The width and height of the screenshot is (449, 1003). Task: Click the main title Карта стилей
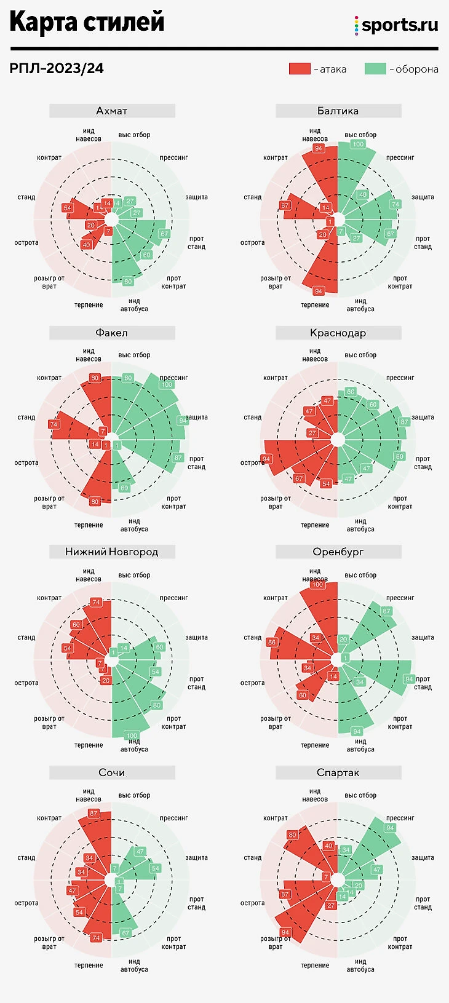87,22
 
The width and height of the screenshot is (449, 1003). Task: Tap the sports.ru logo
397,25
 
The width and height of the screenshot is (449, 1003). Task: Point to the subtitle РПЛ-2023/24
57,68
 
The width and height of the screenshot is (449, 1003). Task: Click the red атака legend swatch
300,68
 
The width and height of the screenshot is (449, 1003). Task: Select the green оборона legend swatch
375,68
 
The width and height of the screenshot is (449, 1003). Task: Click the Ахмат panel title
112,111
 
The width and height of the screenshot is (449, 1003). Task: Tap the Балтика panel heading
338,111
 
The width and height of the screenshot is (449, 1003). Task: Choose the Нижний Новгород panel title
112,552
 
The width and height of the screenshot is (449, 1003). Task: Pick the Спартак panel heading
338,772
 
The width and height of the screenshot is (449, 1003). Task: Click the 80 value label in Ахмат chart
128,282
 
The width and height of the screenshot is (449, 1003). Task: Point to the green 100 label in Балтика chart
358,144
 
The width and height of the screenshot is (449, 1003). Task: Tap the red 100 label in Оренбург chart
317,584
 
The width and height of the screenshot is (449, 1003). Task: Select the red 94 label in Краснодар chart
266,459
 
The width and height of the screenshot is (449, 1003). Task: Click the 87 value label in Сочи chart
93,813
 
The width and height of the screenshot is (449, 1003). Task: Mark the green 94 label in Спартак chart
390,828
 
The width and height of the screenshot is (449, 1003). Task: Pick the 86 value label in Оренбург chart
272,642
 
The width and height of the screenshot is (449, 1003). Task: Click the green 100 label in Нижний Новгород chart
132,735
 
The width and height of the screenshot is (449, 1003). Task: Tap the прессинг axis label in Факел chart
173,378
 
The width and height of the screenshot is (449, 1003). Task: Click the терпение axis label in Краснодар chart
315,525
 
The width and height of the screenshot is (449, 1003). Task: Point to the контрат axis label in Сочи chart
49,818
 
